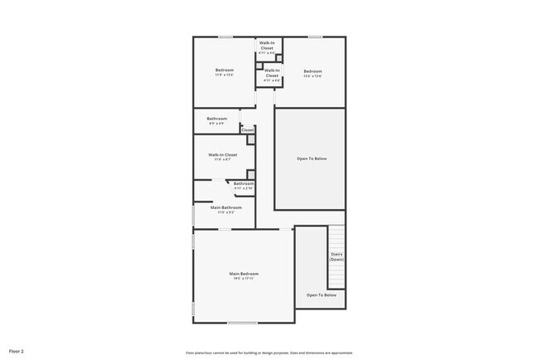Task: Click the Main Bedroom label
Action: (244, 274)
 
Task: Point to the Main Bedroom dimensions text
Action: (244, 280)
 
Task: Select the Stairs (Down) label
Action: (337, 256)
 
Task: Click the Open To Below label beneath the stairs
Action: (321, 295)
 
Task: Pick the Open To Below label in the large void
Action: (311, 158)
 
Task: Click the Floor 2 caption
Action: (17, 351)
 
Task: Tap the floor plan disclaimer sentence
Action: (269, 351)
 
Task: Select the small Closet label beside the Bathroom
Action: (247, 130)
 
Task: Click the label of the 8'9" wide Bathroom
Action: (216, 119)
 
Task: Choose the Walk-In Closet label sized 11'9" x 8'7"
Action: (222, 155)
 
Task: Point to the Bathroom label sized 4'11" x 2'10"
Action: (243, 183)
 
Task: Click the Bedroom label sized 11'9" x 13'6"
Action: (224, 71)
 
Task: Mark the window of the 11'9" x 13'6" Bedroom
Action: (225, 36)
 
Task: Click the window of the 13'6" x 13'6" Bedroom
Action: (315, 36)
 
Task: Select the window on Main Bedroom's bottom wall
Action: (243, 323)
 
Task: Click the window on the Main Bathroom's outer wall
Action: (194, 215)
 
